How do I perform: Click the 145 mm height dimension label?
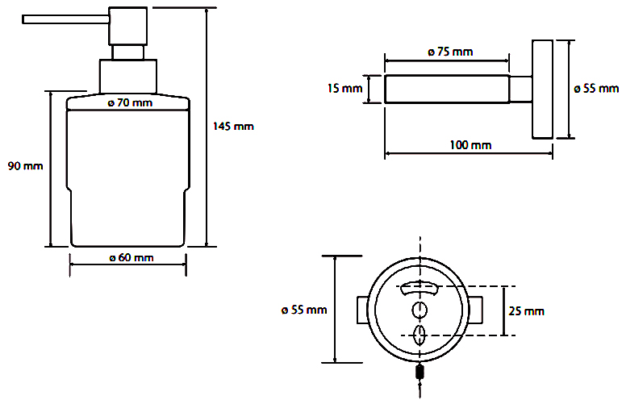point(233,127)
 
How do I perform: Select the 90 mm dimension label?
point(25,166)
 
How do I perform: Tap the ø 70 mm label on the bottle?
point(130,103)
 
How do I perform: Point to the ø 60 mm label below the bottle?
point(131,258)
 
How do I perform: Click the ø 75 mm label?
point(450,52)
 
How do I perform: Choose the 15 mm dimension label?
point(344,88)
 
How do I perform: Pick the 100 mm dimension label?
point(470,145)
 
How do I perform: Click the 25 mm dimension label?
point(526,311)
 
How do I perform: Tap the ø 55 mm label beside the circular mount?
point(304,310)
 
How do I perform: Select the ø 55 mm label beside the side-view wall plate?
point(596,89)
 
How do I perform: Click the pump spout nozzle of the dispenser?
point(65,19)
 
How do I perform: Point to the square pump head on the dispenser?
point(128,26)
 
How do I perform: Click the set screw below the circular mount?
point(420,373)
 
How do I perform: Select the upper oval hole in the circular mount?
point(420,310)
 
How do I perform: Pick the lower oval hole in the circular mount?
point(420,335)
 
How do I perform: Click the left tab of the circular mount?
point(362,310)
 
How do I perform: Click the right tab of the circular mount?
point(476,310)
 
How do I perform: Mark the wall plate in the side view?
point(542,90)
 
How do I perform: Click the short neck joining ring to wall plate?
point(521,90)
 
